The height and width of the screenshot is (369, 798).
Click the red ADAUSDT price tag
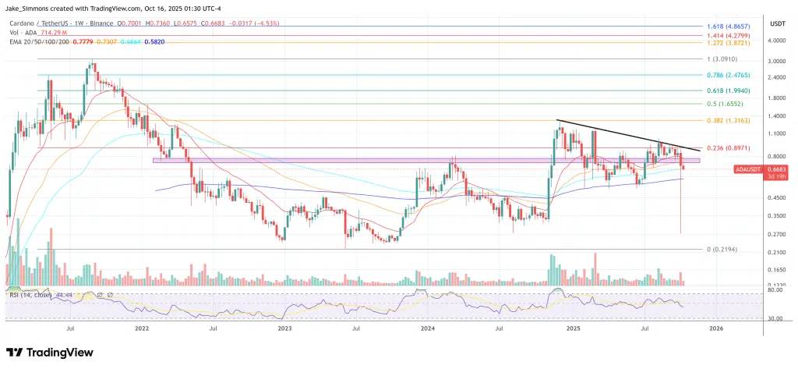pos(749,169)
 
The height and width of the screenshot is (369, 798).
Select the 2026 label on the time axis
pos(716,330)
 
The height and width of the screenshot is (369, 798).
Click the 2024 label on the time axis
pos(428,330)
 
